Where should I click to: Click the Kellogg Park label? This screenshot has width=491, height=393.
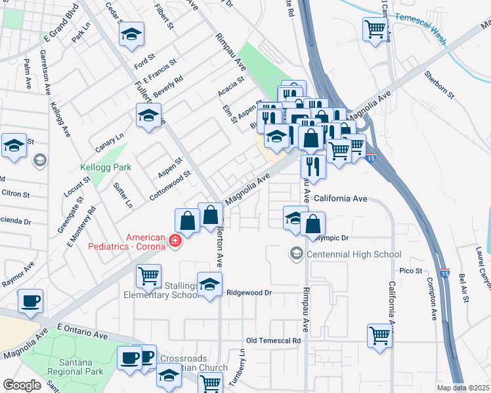pos(106,168)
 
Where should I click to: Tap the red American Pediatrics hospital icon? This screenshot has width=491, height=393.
pos(175,242)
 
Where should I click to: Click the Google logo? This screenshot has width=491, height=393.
pos(22,385)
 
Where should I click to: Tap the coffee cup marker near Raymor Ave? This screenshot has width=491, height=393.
pos(31,302)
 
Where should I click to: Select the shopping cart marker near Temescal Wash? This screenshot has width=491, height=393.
pos(375,29)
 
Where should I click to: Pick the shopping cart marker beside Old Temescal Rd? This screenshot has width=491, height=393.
pos(380,335)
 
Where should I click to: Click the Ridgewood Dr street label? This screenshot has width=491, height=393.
pos(249,293)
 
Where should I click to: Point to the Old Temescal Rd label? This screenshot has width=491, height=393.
pos(273,341)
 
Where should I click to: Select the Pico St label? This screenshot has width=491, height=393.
pos(410,271)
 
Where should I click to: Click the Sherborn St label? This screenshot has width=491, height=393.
pos(438,84)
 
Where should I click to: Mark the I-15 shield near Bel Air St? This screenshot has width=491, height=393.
pos(445,273)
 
